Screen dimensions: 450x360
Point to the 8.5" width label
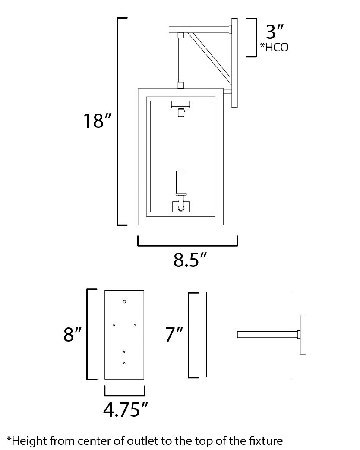(x=187, y=260)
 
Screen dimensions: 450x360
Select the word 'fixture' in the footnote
(x=266, y=441)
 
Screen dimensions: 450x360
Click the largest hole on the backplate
(x=124, y=301)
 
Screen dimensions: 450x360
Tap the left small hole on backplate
(x=114, y=325)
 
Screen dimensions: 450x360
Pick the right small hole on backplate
(x=135, y=325)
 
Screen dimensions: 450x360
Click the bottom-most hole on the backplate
(x=124, y=363)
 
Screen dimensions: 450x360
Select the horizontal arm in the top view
(x=268, y=334)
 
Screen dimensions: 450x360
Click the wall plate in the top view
(x=303, y=334)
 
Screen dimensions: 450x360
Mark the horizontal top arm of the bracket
(x=199, y=30)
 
